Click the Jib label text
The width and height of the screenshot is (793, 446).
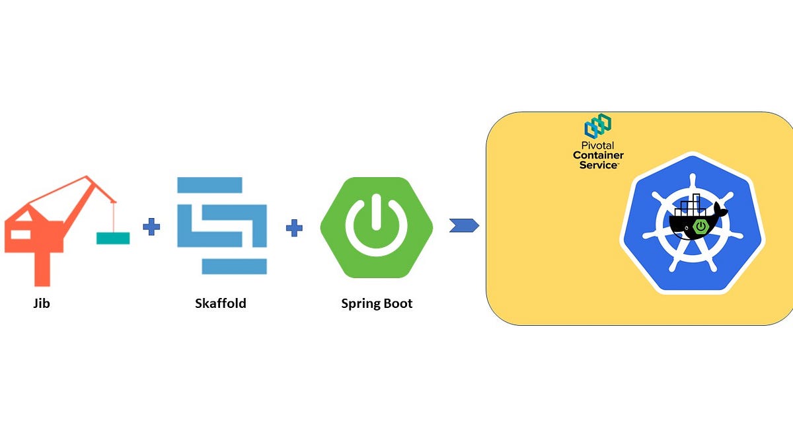click(42, 304)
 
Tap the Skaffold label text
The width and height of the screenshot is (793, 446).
click(221, 304)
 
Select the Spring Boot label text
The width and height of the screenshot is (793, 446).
click(377, 304)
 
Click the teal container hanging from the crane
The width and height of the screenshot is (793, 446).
click(113, 238)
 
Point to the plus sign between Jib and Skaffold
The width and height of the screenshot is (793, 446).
click(151, 228)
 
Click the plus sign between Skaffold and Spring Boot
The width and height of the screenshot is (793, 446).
click(294, 229)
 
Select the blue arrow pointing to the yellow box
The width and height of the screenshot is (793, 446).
click(464, 226)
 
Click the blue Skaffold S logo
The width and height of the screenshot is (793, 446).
click(222, 225)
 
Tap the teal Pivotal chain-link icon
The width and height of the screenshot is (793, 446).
click(597, 126)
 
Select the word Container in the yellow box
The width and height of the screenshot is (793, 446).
click(598, 155)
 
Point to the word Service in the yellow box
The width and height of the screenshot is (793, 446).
click(597, 165)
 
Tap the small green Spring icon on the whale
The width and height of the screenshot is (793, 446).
click(701, 227)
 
